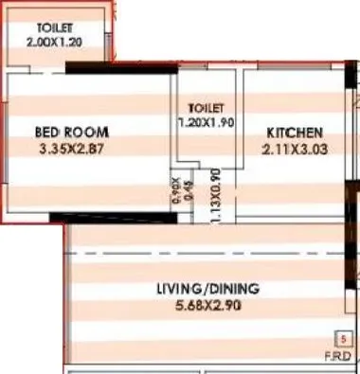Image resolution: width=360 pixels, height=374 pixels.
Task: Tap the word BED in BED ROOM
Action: (x=50, y=132)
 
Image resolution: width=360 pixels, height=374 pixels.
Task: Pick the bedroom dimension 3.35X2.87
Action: (x=70, y=148)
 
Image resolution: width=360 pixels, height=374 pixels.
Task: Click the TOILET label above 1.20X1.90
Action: (x=206, y=109)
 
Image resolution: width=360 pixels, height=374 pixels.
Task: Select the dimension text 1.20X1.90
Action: (x=206, y=122)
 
